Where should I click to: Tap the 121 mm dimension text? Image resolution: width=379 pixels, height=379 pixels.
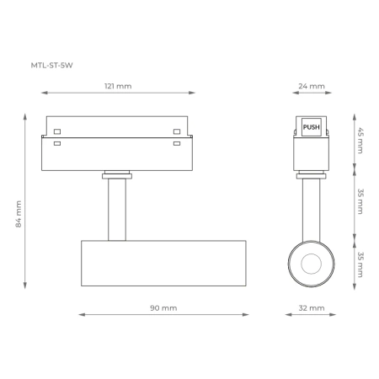click(118, 85)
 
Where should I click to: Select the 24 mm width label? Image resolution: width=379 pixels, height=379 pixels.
click(310, 85)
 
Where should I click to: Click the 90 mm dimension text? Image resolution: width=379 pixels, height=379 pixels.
click(163, 308)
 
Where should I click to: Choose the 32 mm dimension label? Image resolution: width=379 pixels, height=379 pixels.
click(311, 308)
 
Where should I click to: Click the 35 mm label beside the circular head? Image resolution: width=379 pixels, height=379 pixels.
click(360, 264)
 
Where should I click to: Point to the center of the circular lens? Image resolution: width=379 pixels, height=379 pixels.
click(311, 260)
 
